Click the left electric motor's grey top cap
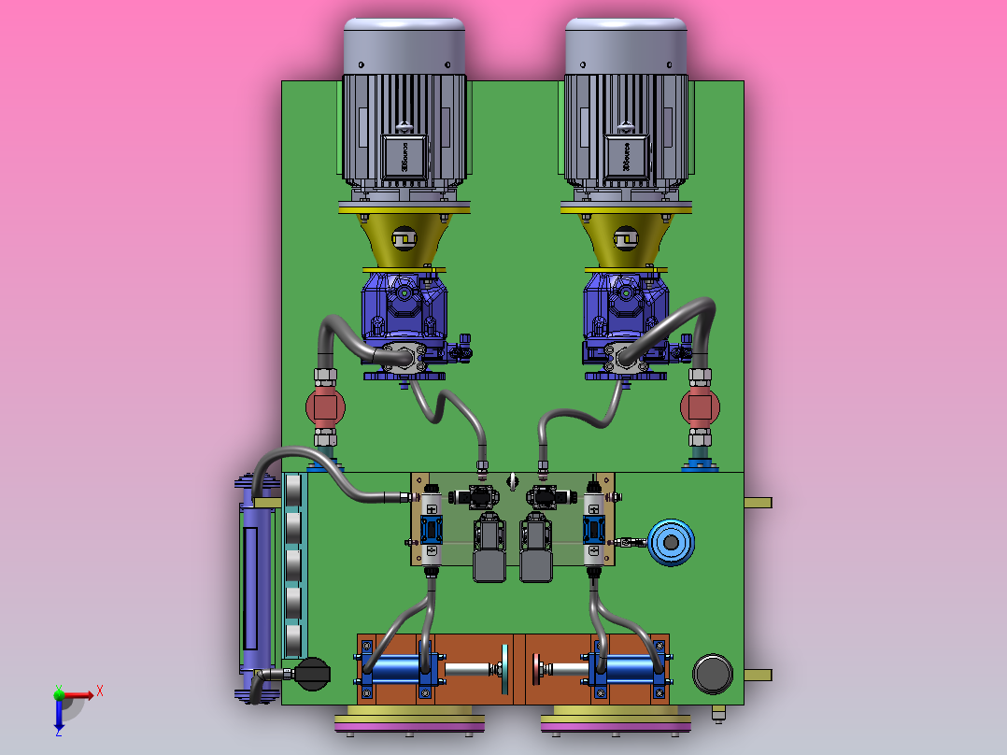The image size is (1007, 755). (404, 45)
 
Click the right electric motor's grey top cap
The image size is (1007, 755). (625, 45)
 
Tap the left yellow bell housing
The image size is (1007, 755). (404, 240)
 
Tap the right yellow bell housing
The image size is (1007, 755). (625, 240)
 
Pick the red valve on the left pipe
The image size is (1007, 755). (325, 406)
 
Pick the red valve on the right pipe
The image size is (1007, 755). (700, 406)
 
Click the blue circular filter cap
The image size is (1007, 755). (672, 542)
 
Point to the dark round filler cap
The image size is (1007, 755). (713, 674)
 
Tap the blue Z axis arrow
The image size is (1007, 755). (59, 719)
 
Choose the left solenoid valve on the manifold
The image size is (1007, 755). (432, 530)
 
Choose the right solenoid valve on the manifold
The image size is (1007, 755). (593, 530)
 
